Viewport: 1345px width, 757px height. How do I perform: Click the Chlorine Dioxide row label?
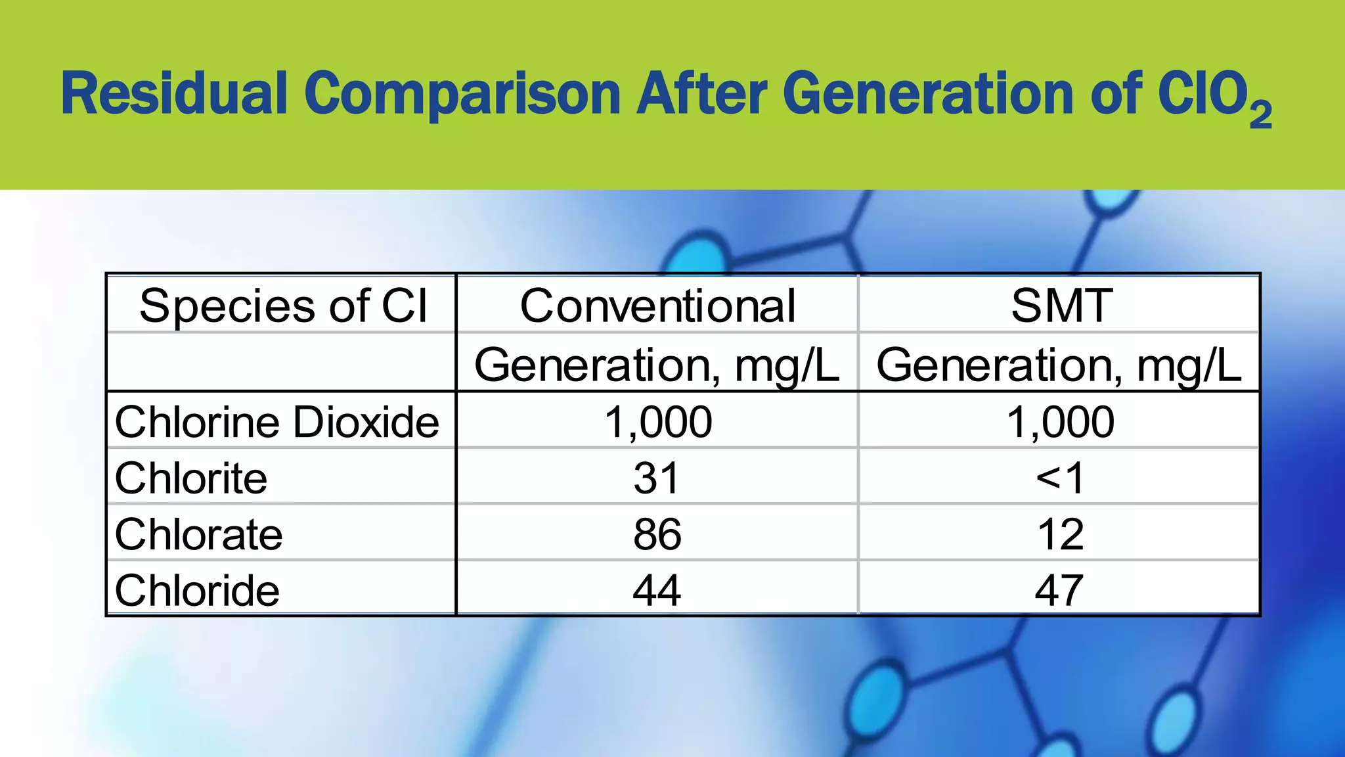276,421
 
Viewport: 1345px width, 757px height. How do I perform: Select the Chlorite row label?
191,478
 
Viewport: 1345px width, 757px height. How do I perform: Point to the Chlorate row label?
198,534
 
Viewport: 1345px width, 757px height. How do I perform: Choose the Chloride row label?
197,590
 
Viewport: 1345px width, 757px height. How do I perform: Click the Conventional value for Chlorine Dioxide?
657,421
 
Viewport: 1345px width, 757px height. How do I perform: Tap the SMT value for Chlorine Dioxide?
1060,421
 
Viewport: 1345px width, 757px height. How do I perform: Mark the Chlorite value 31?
656,478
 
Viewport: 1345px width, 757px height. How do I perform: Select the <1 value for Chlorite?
1059,478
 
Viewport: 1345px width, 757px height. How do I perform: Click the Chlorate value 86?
657,534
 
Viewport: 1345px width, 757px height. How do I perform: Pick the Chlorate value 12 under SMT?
1060,534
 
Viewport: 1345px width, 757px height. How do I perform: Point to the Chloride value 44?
657,590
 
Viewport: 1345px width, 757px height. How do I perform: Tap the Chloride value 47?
1059,590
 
